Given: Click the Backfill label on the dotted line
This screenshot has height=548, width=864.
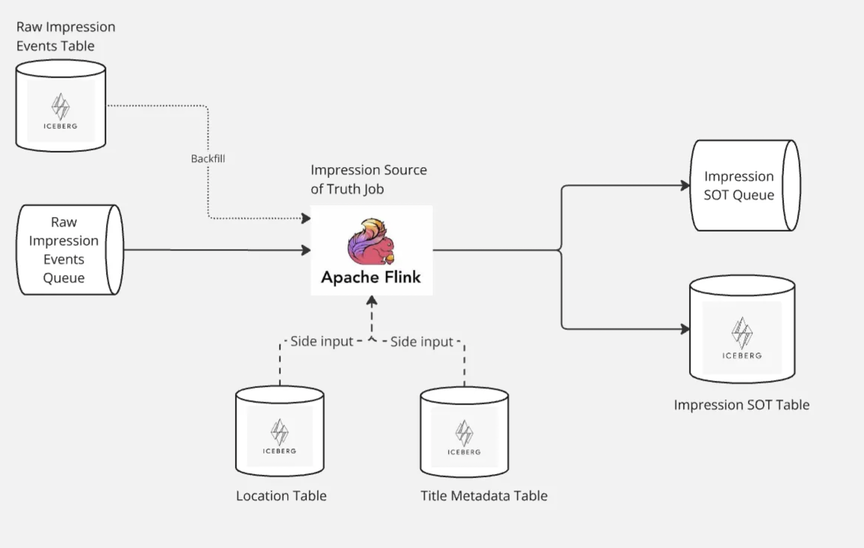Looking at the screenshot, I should tap(208, 158).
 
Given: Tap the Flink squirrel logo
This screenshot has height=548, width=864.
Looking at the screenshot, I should tap(371, 241).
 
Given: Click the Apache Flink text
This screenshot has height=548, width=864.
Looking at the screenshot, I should tap(371, 277).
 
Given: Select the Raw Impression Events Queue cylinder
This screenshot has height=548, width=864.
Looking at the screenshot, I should tap(69, 250).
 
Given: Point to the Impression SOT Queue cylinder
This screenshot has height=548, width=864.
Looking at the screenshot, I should tap(744, 185).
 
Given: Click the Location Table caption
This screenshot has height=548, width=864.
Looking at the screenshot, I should tap(281, 495).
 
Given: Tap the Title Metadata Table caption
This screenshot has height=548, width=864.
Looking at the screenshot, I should tap(484, 495).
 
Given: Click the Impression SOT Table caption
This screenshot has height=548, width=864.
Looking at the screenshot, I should tap(741, 404).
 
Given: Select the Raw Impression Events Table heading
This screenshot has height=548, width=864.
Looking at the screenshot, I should tap(66, 36).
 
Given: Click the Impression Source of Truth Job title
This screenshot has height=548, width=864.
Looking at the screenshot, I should tap(368, 179).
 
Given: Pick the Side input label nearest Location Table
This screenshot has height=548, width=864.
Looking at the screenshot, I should tap(321, 341).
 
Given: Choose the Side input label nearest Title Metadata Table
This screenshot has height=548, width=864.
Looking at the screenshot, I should tap(422, 341).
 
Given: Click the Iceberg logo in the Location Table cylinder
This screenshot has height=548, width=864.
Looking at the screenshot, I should tap(279, 436).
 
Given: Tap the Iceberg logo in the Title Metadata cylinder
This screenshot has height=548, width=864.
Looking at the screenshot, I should tap(464, 437).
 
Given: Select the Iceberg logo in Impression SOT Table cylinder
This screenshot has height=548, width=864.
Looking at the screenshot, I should tap(742, 337).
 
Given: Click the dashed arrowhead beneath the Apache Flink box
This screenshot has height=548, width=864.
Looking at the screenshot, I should tap(372, 301).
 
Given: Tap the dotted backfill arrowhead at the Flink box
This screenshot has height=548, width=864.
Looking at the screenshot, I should tap(306, 218).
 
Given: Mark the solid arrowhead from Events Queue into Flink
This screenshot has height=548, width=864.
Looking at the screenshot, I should tap(306, 250).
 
